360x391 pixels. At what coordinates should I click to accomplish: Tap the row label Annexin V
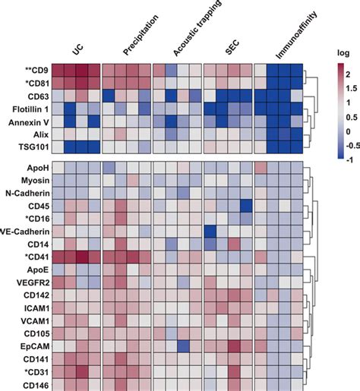tap(29, 121)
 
